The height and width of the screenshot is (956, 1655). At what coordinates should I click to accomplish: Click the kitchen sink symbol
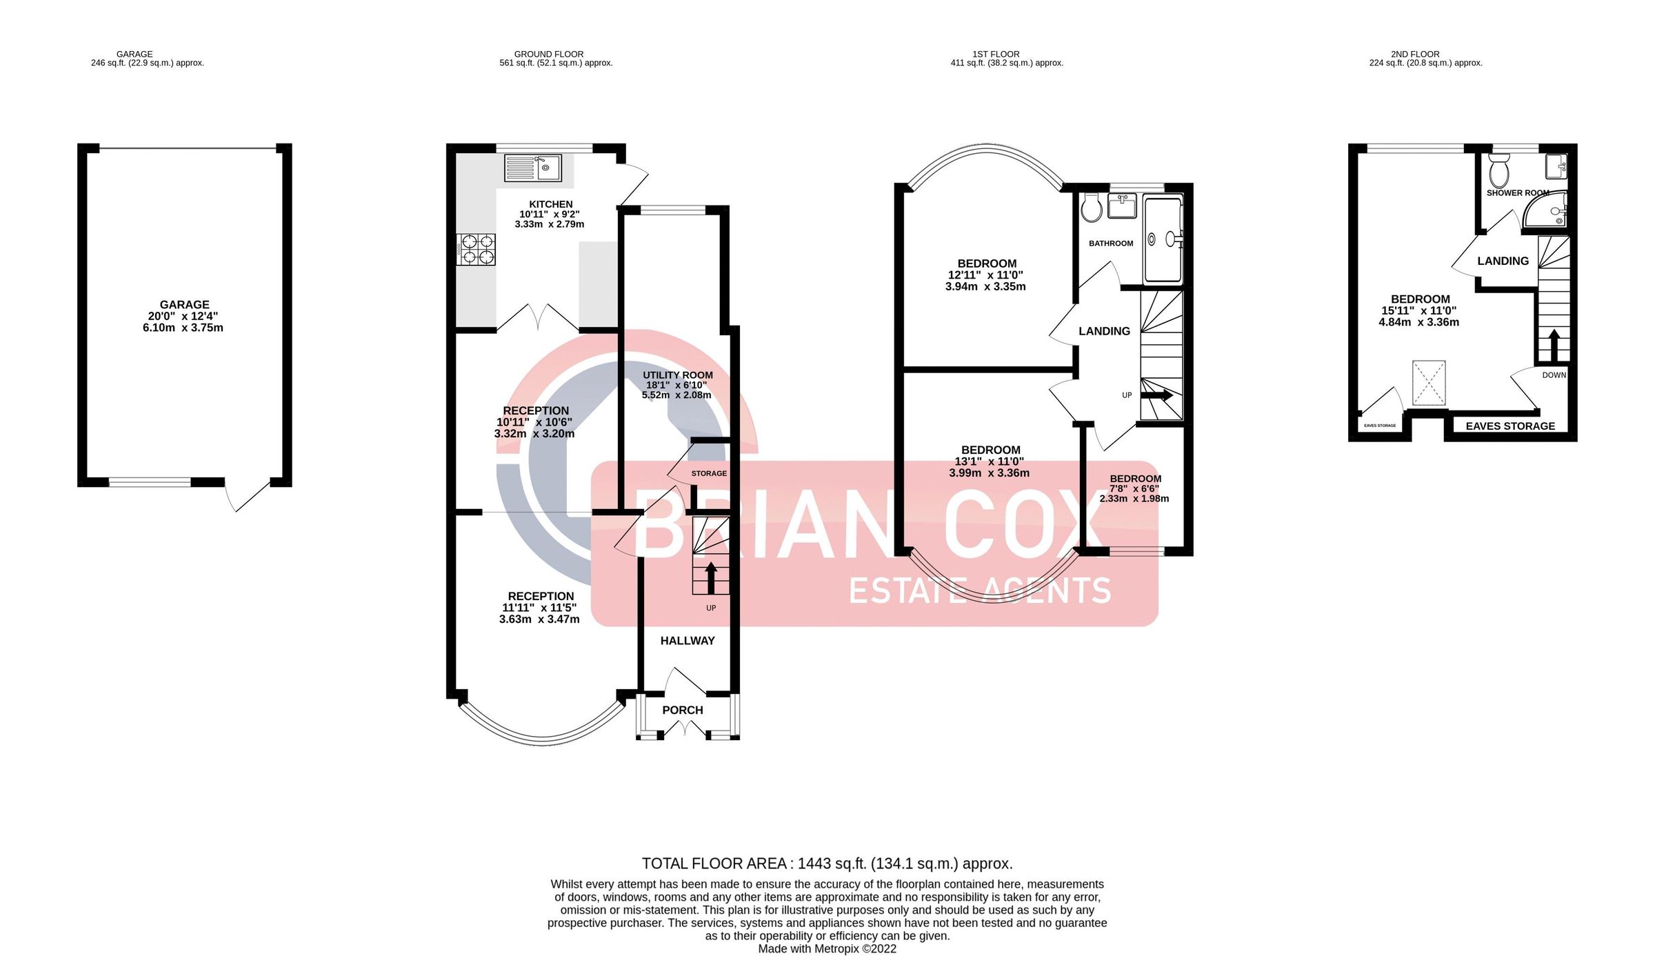coord(533,168)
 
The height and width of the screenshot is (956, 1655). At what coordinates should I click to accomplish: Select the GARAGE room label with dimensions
coord(183,316)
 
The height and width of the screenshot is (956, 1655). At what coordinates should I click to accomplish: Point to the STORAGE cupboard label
coord(709,473)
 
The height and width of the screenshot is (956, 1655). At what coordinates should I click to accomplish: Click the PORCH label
coord(682,710)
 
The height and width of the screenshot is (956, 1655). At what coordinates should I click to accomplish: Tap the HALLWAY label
coord(688,641)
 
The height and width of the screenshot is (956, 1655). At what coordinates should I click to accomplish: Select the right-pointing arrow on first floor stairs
coord(1156,395)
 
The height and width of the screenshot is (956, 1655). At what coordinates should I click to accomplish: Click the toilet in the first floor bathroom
coord(1092,207)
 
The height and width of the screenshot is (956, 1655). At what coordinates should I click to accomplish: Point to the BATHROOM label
coord(1110,243)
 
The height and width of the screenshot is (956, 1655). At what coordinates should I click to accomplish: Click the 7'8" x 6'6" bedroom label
coord(1134,488)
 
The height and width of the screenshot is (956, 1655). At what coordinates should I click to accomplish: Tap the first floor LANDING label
coord(1104,331)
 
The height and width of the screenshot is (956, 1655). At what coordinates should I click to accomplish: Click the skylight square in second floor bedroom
coord(1428,383)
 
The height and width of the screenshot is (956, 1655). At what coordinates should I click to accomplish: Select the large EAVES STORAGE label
coord(1510,426)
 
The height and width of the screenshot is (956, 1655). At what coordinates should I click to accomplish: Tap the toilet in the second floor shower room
coord(1499,169)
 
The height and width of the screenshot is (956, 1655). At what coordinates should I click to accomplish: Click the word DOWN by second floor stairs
coord(1554,375)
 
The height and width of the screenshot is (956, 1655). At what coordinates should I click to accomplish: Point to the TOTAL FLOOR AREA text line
coord(827,864)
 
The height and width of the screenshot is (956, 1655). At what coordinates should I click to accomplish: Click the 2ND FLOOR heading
coord(1414,54)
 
